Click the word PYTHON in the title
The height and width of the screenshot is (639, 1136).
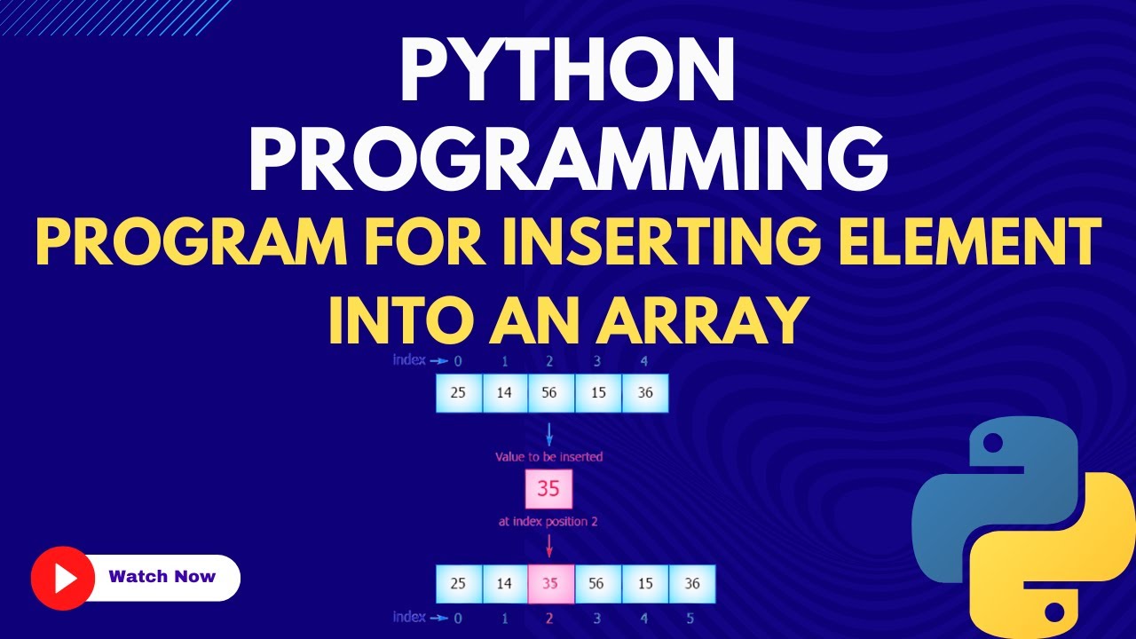pyautogui.click(x=568, y=72)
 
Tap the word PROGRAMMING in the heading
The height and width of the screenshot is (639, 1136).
pyautogui.click(x=568, y=162)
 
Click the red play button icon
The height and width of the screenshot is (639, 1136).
pyautogui.click(x=62, y=577)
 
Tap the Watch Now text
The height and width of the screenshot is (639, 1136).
pyautogui.click(x=162, y=577)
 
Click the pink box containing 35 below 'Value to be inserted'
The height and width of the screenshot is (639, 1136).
pyautogui.click(x=548, y=489)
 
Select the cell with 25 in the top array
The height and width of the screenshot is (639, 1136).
pyautogui.click(x=458, y=393)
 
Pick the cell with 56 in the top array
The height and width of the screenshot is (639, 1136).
pyautogui.click(x=550, y=393)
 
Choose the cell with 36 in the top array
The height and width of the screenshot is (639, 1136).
pyautogui.click(x=644, y=393)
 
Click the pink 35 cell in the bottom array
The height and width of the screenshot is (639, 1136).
pyautogui.click(x=550, y=584)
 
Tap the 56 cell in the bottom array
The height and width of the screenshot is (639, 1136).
pyautogui.click(x=597, y=584)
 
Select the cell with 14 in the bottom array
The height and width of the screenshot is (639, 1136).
pyautogui.click(x=504, y=584)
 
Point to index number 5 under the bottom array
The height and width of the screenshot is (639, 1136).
pyautogui.click(x=690, y=617)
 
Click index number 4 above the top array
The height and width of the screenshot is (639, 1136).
pyautogui.click(x=643, y=360)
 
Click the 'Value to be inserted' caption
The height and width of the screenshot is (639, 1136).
pyautogui.click(x=548, y=457)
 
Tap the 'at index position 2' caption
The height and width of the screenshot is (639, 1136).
pyautogui.click(x=548, y=522)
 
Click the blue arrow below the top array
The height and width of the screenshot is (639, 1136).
pyautogui.click(x=549, y=435)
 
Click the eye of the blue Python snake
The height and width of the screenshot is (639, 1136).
pyautogui.click(x=993, y=441)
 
